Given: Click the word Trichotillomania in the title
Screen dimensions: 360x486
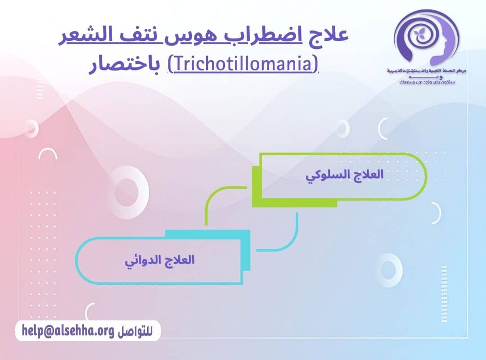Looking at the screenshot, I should tap(243, 64).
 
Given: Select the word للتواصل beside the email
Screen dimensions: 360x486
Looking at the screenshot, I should tap(135, 332).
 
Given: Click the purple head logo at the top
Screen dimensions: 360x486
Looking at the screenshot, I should tap(425, 38).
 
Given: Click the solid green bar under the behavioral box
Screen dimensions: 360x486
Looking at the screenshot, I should tap(295, 203).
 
